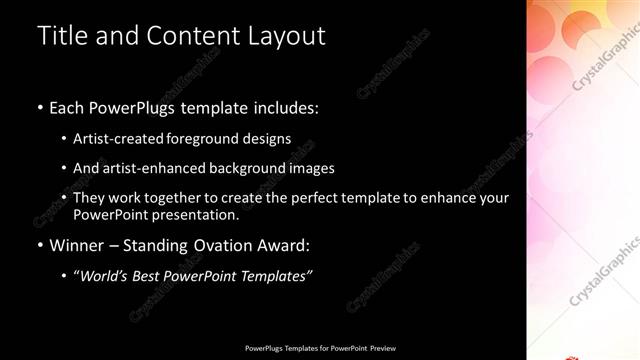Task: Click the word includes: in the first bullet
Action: [x=284, y=107]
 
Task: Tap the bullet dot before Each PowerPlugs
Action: [x=39, y=107]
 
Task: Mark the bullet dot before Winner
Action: [x=39, y=245]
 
